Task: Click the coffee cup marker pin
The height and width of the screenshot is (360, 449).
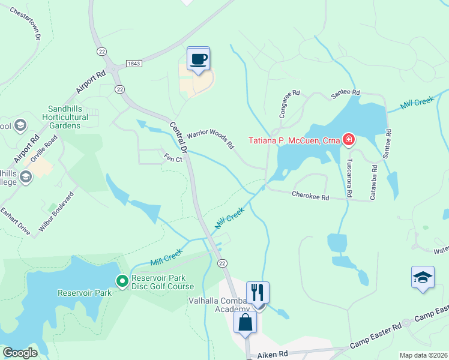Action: (x=199, y=59)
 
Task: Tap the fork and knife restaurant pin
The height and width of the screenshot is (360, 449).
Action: (x=258, y=293)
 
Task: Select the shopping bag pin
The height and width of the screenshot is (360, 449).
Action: (x=245, y=323)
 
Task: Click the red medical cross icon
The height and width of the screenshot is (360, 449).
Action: (x=348, y=140)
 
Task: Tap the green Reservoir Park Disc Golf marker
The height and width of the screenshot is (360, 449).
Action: (x=122, y=281)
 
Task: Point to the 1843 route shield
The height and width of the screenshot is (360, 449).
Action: (x=134, y=63)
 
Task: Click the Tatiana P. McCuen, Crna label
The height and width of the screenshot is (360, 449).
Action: (x=294, y=141)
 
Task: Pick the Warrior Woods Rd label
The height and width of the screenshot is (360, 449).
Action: (x=209, y=140)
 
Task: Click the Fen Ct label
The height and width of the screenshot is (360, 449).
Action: (x=173, y=157)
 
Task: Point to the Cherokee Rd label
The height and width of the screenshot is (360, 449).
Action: (x=310, y=196)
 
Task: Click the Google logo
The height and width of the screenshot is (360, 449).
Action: (x=20, y=353)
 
